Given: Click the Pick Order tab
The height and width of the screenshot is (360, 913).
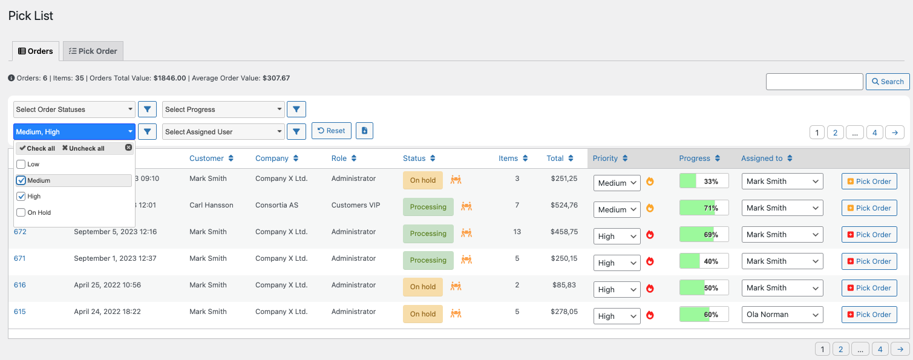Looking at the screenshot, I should click(93, 51).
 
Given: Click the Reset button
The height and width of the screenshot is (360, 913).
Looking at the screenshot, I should click(331, 131).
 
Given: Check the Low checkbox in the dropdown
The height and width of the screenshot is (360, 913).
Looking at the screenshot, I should click(21, 165).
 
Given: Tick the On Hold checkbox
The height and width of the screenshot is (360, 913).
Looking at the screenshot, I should click(21, 212).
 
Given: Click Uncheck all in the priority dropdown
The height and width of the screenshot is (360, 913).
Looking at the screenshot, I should click(83, 148).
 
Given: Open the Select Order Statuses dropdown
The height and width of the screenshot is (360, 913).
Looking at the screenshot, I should click(74, 110).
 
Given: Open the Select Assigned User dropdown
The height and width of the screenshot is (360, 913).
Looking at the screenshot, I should click(223, 132).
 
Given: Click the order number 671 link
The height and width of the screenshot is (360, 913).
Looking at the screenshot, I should click(20, 258).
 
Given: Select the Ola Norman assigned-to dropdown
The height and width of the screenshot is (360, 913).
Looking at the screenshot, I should click(782, 315).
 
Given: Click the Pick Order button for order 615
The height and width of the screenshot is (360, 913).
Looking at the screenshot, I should click(869, 315).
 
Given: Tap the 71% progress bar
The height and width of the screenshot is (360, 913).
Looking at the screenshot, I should click(704, 208).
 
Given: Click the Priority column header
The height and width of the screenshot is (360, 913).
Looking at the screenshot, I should click(606, 159).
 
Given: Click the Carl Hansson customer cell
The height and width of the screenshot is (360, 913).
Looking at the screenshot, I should click(211, 205).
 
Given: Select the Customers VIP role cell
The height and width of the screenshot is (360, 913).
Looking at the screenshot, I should click(356, 205).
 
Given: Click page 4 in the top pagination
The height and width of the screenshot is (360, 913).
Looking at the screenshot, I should click(874, 133).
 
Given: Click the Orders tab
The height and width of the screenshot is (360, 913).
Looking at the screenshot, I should click(36, 51).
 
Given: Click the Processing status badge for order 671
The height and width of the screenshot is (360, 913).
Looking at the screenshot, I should click(428, 260).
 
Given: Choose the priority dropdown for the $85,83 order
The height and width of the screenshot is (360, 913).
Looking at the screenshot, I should click(617, 289).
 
